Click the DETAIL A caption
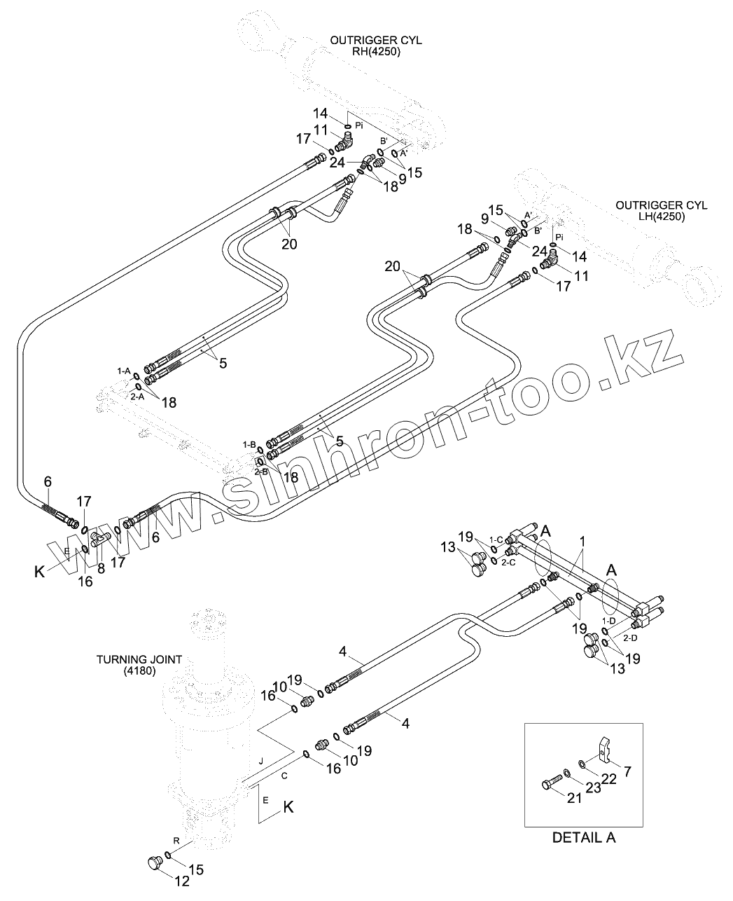584,837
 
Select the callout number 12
181,881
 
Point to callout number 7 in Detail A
627,772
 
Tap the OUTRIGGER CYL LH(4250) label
661,210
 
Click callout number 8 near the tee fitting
101,569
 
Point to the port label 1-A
124,370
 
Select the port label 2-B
261,472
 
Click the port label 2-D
630,638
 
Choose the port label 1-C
496,539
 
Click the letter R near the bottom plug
176,839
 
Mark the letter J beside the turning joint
260,761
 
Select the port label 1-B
249,444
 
